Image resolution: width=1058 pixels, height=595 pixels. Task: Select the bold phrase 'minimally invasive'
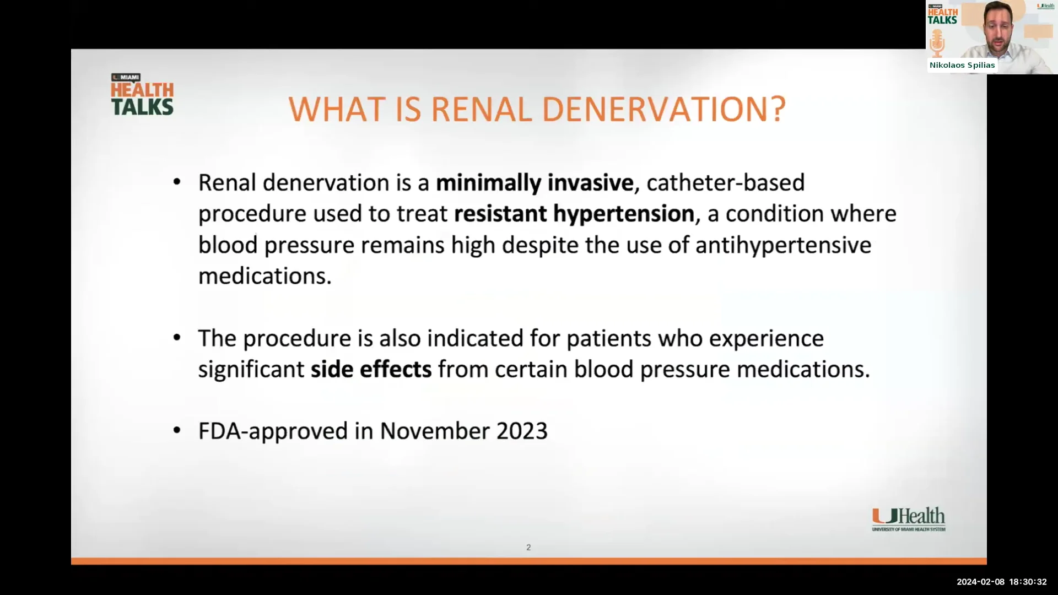click(535, 183)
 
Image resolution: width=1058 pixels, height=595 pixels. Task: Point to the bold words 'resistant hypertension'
click(574, 214)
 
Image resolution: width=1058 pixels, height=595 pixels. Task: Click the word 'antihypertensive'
click(783, 245)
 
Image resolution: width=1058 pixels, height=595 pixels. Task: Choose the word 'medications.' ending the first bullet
click(265, 276)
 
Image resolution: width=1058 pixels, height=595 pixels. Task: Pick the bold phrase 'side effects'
click(371, 370)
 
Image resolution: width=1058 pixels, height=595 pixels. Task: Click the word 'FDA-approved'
click(273, 431)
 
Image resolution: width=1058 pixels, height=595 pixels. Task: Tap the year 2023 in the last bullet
click(522, 431)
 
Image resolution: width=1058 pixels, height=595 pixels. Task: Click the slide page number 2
click(528, 548)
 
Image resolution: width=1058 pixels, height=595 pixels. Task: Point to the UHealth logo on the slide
click(908, 519)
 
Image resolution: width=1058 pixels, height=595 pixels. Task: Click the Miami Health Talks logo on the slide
click(142, 95)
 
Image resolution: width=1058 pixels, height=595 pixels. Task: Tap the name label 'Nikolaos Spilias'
click(962, 65)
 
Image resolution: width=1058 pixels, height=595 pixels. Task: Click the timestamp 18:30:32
click(1028, 582)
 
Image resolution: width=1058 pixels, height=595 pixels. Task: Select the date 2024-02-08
click(980, 582)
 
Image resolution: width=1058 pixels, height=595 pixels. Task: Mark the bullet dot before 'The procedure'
click(177, 338)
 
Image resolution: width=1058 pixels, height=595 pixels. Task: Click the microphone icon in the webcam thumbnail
click(937, 43)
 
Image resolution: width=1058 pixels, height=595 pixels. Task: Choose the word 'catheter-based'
click(725, 183)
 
